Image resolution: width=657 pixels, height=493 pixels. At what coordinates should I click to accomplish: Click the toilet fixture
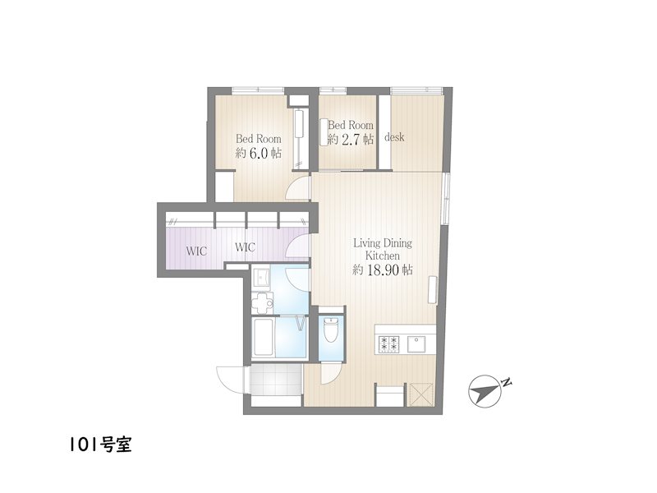[x=331, y=330]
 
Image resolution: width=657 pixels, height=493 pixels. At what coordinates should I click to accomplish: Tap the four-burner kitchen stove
[x=388, y=344]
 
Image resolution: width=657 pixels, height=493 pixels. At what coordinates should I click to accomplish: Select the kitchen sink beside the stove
[x=417, y=344]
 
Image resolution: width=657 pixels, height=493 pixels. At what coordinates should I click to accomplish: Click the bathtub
[x=263, y=337]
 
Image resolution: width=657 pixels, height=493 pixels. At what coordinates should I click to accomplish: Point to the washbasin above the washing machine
[x=261, y=277]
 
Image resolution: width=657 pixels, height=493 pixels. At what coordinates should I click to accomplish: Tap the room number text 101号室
[x=100, y=445]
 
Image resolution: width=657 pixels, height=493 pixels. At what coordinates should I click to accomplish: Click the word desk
[x=394, y=136]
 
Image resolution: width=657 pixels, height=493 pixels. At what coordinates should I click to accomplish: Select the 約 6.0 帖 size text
[x=258, y=153]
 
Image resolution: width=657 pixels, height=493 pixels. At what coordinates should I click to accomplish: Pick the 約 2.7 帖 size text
[x=351, y=139]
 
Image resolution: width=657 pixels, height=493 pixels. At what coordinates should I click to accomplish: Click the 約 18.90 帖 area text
[x=383, y=270]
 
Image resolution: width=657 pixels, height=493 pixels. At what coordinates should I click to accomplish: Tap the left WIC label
[x=196, y=251]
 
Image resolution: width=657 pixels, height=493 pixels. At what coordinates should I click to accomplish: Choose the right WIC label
[x=245, y=247]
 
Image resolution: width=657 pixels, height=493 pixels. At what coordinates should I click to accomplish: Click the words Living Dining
[x=383, y=243]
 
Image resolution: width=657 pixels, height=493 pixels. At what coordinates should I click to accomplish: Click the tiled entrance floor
[x=275, y=380]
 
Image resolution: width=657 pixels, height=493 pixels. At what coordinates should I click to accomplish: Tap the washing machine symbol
[x=262, y=302]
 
